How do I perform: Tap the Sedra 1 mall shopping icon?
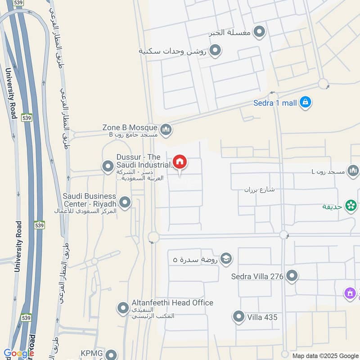[306, 103]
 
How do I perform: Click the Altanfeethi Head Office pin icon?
[123, 308]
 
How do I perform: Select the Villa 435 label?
[262, 317]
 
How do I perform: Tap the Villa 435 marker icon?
[238, 317]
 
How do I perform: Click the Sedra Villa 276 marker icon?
[292, 276]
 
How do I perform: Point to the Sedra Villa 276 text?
[257, 276]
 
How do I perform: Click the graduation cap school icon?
[226, 259]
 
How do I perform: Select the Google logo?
[19, 353]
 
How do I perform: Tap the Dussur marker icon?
[108, 167]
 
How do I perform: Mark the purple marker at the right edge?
[350, 294]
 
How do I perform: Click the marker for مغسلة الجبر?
[259, 32]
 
